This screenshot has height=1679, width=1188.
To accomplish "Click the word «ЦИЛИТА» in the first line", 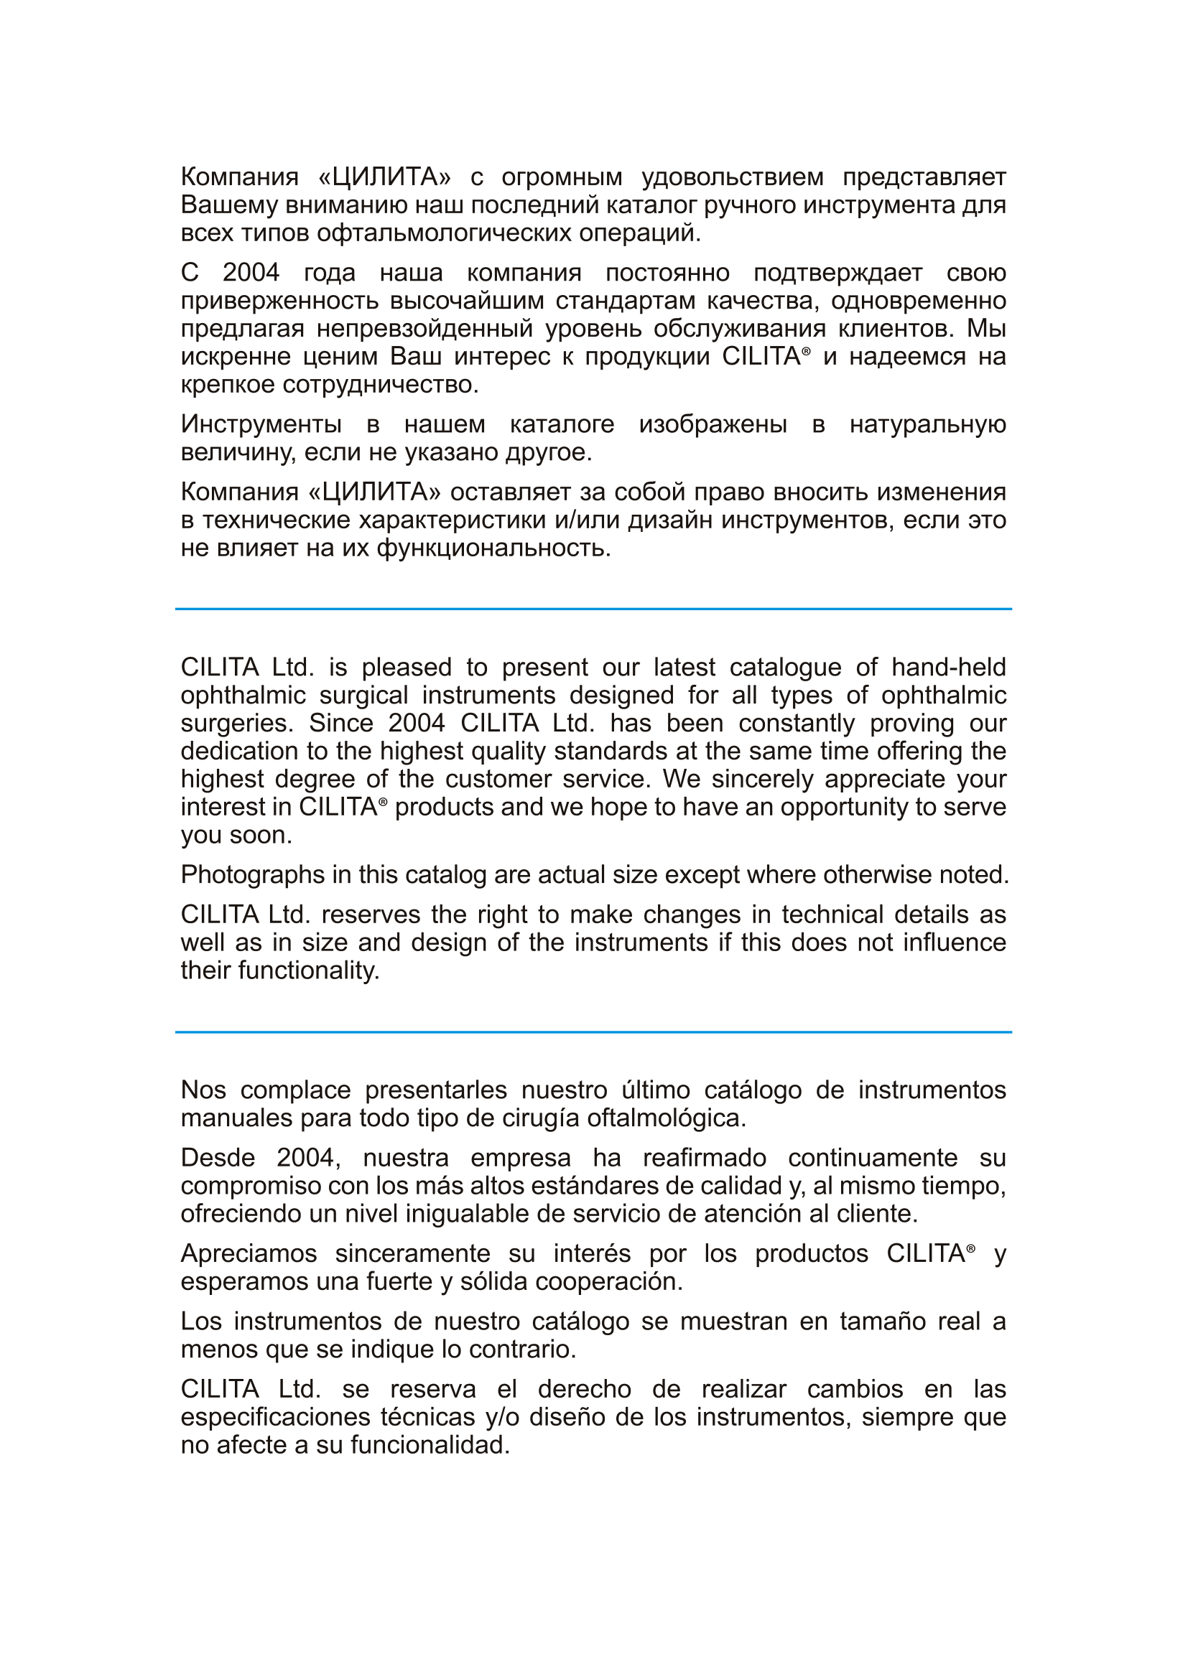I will click(x=385, y=177).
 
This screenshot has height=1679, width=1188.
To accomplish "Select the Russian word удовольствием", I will click(x=732, y=177).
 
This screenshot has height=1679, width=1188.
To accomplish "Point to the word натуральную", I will click(x=927, y=424).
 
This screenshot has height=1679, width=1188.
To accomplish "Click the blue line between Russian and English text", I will click(x=593, y=609).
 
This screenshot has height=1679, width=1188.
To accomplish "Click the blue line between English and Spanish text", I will click(x=593, y=1032).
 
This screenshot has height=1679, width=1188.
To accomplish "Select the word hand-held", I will click(x=948, y=667).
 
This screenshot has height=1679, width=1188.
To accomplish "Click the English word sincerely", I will click(x=762, y=779).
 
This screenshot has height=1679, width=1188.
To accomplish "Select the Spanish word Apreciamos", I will click(x=249, y=1253).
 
